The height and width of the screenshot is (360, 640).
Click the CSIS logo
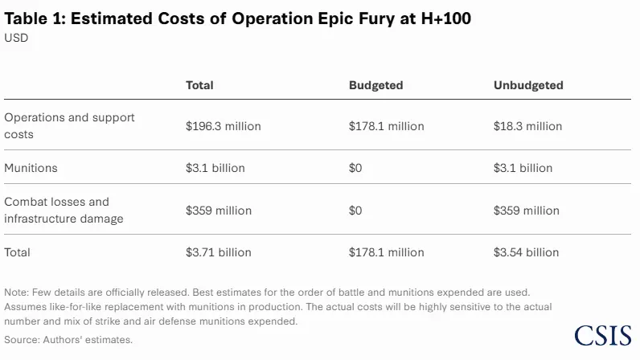click(x=603, y=336)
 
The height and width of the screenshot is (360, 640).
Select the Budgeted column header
click(x=375, y=85)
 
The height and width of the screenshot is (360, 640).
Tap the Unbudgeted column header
click(x=528, y=85)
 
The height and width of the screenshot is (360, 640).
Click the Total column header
click(x=199, y=85)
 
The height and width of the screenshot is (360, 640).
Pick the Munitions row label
click(x=31, y=168)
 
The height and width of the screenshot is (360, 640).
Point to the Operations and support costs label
click(x=69, y=125)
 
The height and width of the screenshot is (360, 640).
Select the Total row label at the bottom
click(x=18, y=252)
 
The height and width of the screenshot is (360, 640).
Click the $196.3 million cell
click(x=223, y=126)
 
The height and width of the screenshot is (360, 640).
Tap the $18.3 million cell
click(x=527, y=126)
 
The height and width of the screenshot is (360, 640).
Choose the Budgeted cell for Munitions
click(x=355, y=168)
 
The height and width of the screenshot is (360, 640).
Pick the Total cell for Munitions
click(x=215, y=168)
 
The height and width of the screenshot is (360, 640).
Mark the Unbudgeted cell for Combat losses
click(x=526, y=211)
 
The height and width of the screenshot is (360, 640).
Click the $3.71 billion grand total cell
click(x=218, y=252)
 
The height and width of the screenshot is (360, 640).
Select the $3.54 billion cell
click(x=526, y=252)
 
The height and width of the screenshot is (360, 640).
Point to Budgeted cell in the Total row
click(x=386, y=252)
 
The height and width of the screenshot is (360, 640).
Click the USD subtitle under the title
click(x=16, y=37)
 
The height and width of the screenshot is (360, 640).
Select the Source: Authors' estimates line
click(x=68, y=340)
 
